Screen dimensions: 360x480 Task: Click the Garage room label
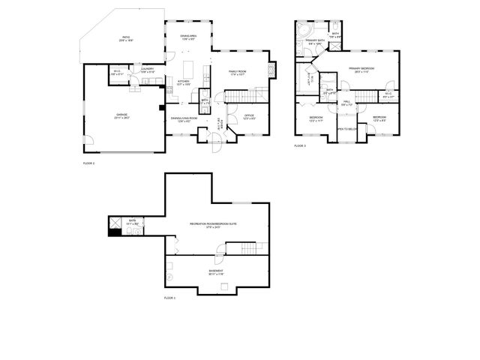121,115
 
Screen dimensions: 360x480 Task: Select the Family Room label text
238,72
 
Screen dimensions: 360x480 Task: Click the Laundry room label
147,70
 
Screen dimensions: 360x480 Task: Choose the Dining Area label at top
188,37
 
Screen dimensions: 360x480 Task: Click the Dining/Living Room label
184,118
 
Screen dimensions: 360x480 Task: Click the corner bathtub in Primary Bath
303,30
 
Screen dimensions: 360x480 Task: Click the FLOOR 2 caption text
88,162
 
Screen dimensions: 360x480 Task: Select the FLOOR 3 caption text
300,145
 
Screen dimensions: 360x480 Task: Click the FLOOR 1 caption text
169,298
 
